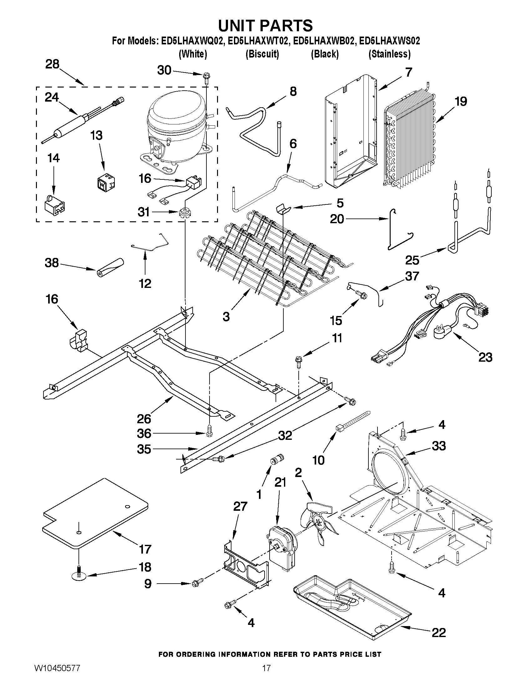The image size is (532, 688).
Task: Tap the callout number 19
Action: coord(460,102)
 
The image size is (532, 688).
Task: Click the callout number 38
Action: coord(52,262)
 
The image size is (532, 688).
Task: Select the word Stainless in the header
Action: coord(390,54)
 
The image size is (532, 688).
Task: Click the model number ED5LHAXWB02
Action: coord(323,41)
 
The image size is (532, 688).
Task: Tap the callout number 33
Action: coord(439,446)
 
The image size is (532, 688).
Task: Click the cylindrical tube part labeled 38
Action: coord(110,267)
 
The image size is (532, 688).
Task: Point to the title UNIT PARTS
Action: coord(265,25)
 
